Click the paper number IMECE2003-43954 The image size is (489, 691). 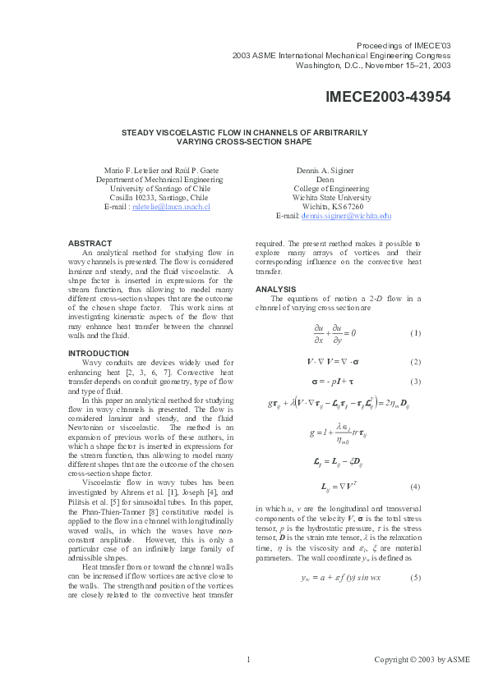click(388, 97)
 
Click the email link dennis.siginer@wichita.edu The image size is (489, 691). click(344, 216)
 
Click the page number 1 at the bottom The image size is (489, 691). click(247, 659)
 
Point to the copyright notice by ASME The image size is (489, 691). click(412, 659)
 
